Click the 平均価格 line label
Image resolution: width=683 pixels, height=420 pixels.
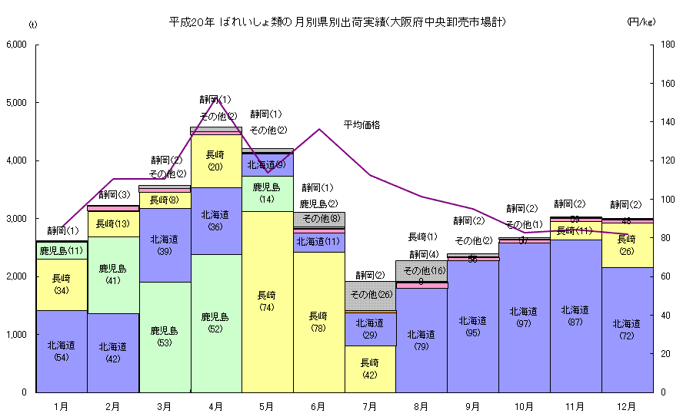coord(361,124)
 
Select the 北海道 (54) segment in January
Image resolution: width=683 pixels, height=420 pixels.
coord(62,351)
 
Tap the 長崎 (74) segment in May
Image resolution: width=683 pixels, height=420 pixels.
coord(267,301)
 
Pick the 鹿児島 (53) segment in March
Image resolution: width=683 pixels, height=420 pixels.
coord(164,336)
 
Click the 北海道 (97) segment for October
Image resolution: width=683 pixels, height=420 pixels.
coord(525,317)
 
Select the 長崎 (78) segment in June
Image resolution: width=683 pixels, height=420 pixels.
coord(318,321)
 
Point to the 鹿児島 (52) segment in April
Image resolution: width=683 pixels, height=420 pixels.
coord(215,322)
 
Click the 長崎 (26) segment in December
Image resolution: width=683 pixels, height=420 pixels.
coord(627,245)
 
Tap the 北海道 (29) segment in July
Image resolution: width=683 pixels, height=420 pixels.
coord(370,329)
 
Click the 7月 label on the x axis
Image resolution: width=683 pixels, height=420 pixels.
coord(370,406)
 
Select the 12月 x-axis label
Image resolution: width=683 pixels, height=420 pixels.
coord(627,406)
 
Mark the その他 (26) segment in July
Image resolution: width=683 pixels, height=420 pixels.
coord(370,295)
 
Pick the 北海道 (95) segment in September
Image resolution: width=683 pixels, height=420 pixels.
coord(473,326)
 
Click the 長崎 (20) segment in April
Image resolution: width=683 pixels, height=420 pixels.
coord(215,160)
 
